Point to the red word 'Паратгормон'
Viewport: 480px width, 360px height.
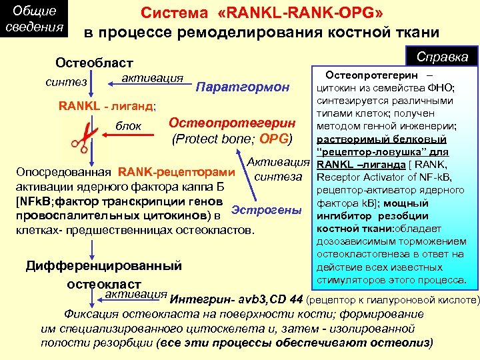click(x=243, y=87)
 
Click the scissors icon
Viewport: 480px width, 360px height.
click(x=80, y=135)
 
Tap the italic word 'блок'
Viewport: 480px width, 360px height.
click(x=129, y=126)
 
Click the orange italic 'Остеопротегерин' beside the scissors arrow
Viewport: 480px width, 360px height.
click(x=232, y=123)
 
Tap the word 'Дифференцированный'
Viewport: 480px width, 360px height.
click(x=103, y=266)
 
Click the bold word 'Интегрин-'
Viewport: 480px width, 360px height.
click(x=199, y=297)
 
